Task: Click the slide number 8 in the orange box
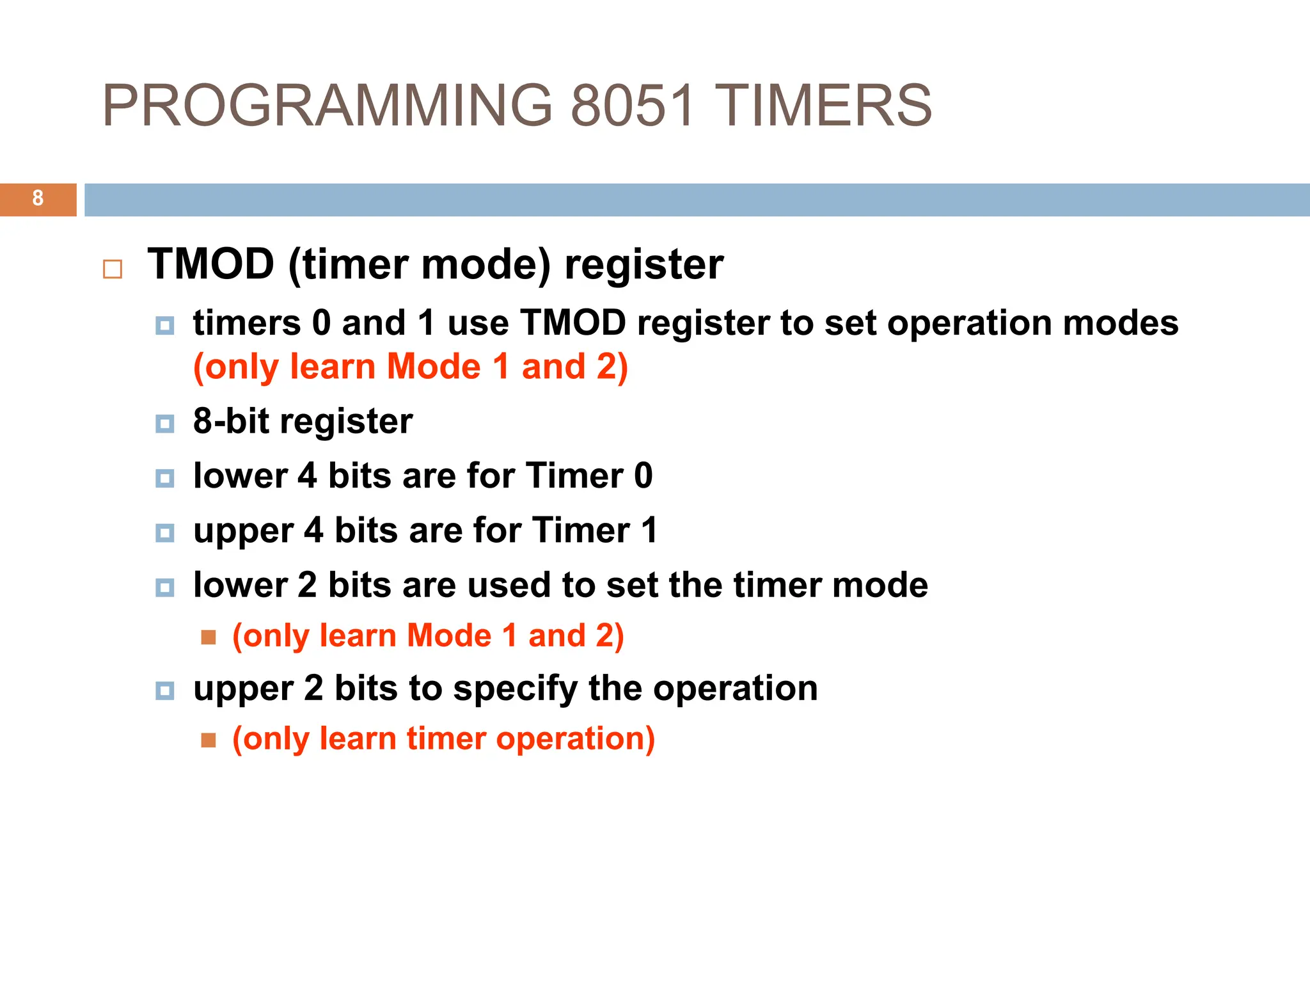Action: pos(38,198)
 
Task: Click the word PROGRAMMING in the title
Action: pos(327,106)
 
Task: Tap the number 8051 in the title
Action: pos(632,106)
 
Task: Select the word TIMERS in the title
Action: pos(823,106)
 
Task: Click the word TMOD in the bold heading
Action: pos(211,264)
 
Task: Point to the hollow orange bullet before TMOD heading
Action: pos(113,269)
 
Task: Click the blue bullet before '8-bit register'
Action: pos(165,424)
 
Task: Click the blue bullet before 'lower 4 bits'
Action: pos(165,478)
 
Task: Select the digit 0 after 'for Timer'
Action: pos(643,476)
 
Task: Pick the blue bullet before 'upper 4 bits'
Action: pos(165,532)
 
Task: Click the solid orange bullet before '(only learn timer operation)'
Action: pos(209,740)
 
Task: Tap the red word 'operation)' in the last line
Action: pos(575,739)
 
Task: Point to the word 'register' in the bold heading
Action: pos(643,264)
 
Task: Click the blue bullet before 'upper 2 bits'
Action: pos(165,691)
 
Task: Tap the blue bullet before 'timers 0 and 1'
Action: pos(165,326)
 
